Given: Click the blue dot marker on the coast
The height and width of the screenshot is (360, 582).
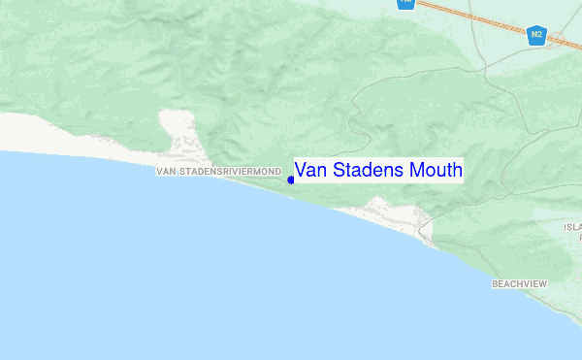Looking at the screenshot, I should (x=291, y=179).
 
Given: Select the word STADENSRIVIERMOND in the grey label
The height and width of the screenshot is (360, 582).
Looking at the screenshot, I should (x=230, y=172).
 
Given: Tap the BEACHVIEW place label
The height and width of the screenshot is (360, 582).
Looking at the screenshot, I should (x=520, y=284).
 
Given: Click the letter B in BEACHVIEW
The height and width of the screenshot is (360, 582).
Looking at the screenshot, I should (x=495, y=284).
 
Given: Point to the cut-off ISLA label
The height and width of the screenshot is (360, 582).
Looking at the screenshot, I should (x=572, y=226).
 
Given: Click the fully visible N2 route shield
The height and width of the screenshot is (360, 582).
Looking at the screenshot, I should (x=536, y=36).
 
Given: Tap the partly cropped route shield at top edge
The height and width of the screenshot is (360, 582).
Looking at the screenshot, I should (x=405, y=4).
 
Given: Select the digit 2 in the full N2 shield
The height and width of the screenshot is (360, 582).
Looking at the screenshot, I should (x=539, y=36).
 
